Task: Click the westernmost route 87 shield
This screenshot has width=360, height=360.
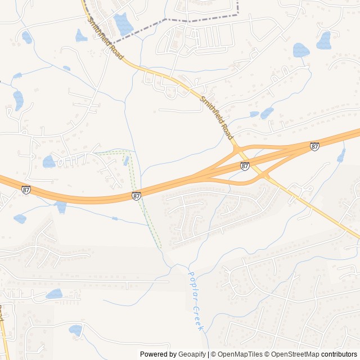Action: click(x=26, y=190)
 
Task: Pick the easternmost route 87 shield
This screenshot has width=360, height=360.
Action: click(x=314, y=146)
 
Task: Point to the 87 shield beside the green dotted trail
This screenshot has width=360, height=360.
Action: click(x=137, y=196)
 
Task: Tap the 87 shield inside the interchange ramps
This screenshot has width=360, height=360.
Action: click(x=245, y=165)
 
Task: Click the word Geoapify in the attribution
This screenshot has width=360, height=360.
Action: click(x=192, y=354)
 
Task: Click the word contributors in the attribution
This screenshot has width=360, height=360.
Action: click(x=339, y=354)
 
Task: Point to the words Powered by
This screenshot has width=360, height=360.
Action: click(x=157, y=354)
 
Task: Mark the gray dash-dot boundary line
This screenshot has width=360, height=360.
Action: click(x=169, y=20)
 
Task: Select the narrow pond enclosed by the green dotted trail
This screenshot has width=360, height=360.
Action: click(x=126, y=161)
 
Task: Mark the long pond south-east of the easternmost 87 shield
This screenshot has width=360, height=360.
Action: click(x=341, y=155)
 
